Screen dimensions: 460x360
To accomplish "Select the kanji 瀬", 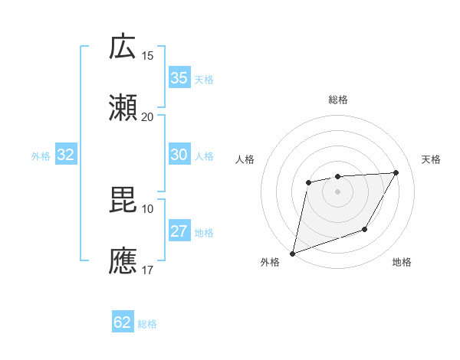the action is [x=123, y=108].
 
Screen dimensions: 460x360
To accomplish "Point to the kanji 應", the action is [x=123, y=260].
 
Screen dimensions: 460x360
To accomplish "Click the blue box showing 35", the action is [x=179, y=78].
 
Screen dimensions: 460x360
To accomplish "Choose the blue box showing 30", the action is [x=179, y=155].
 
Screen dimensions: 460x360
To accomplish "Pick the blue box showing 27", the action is [x=179, y=232].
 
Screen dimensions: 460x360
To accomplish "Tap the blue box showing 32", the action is [x=65, y=155].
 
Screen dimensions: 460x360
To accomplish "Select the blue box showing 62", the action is [x=123, y=323].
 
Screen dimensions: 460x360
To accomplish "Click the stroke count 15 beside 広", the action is [x=148, y=56].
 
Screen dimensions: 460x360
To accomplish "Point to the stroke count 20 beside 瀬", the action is [x=148, y=116].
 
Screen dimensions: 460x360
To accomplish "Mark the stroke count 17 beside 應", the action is [x=148, y=270].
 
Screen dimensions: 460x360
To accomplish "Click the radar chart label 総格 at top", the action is [x=337, y=100].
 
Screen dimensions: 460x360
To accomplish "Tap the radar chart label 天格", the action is [x=431, y=159].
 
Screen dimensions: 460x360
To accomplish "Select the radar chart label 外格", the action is [x=270, y=263].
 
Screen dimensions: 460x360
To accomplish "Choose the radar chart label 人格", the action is [x=245, y=159].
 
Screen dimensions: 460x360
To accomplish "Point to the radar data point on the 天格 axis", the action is [x=396, y=172].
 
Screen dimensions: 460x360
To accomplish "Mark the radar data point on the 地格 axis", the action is [x=365, y=229].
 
